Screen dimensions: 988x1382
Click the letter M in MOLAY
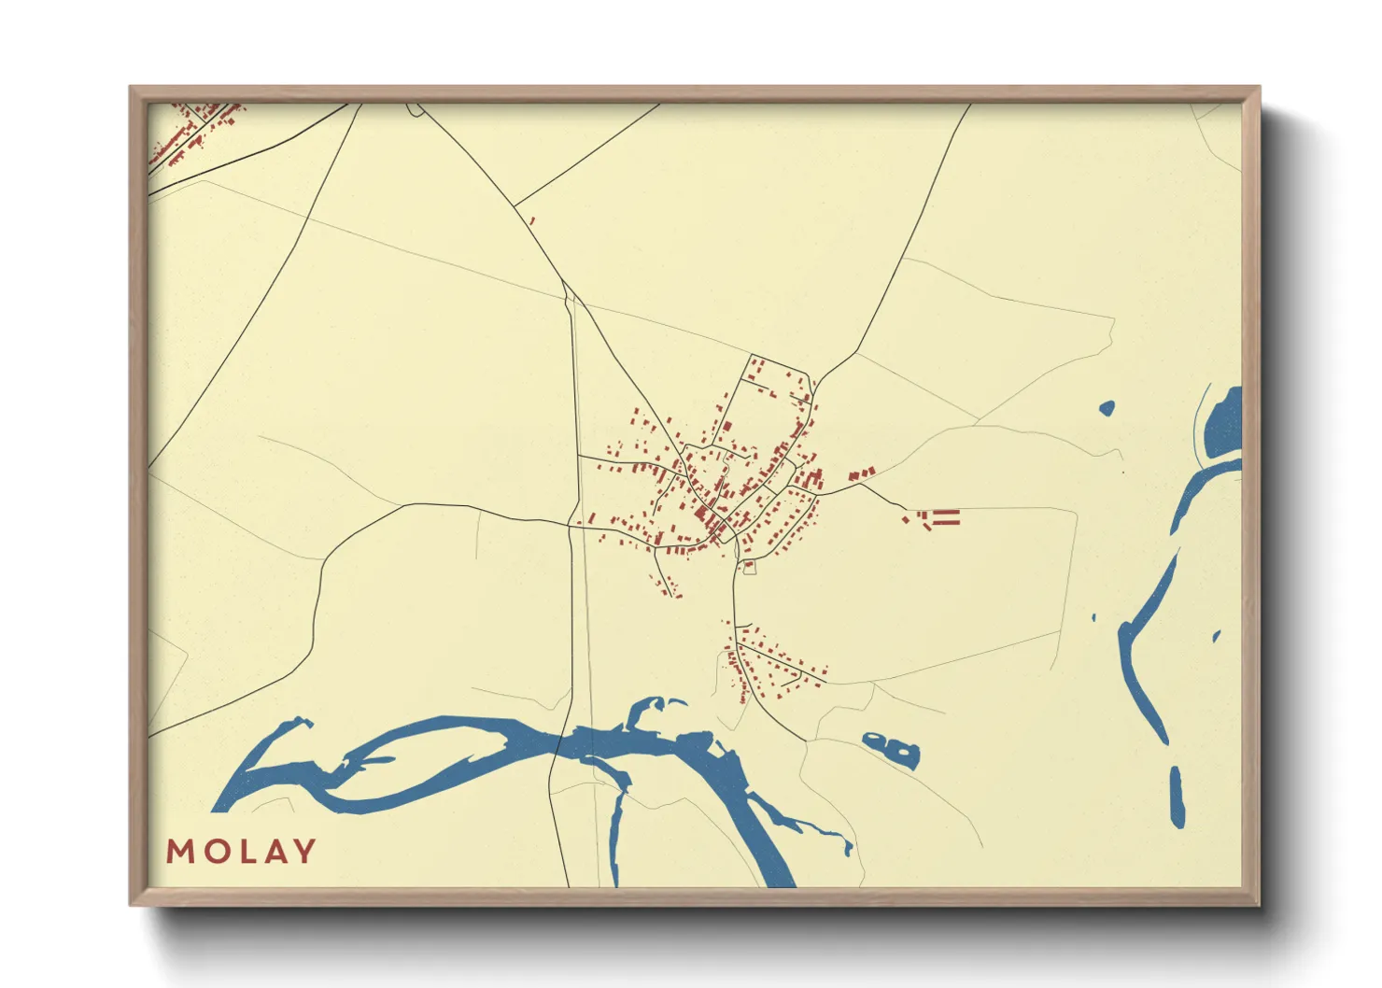[179, 852]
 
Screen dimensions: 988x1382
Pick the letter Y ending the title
[304, 852]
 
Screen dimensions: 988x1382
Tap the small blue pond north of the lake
[1107, 408]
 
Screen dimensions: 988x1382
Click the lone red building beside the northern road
[531, 221]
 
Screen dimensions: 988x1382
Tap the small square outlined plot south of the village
[749, 567]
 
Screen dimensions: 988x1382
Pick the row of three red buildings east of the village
[862, 475]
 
